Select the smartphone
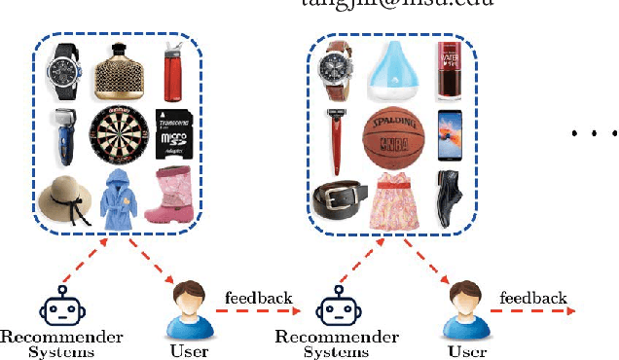coord(449,135)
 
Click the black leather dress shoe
coord(449,198)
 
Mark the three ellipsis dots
coord(594,134)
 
